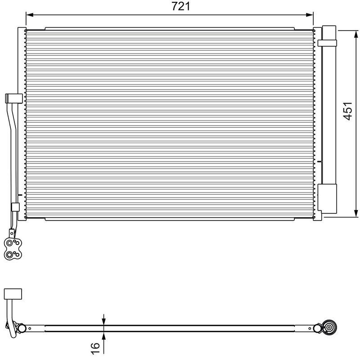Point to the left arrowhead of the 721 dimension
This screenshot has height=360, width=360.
pyautogui.click(x=29, y=15)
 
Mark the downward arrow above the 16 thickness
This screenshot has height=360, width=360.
pyautogui.click(x=104, y=320)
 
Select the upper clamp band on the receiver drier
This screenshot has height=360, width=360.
pyautogui.click(x=327, y=42)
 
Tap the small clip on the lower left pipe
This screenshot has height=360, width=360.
pyautogui.click(x=14, y=208)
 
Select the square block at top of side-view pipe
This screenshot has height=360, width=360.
pyautogui.click(x=12, y=294)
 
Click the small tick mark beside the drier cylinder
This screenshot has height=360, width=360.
pyautogui.click(x=319, y=161)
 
